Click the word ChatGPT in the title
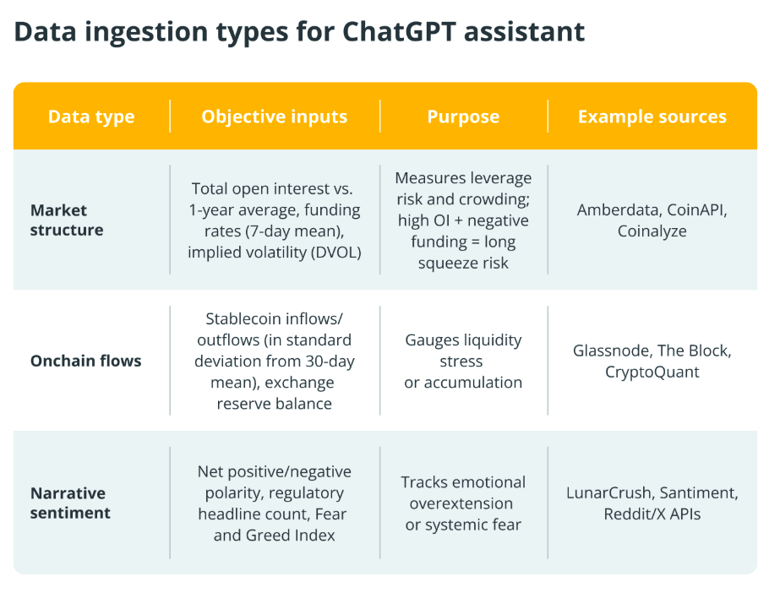(399, 31)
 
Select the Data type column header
(91, 117)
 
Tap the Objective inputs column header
(274, 117)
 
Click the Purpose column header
(463, 117)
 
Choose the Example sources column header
(652, 117)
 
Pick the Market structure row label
(67, 220)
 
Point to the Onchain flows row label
(86, 361)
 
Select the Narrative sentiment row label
(70, 503)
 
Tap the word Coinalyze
(652, 231)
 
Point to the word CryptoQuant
(652, 372)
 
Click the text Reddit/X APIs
(652, 514)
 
